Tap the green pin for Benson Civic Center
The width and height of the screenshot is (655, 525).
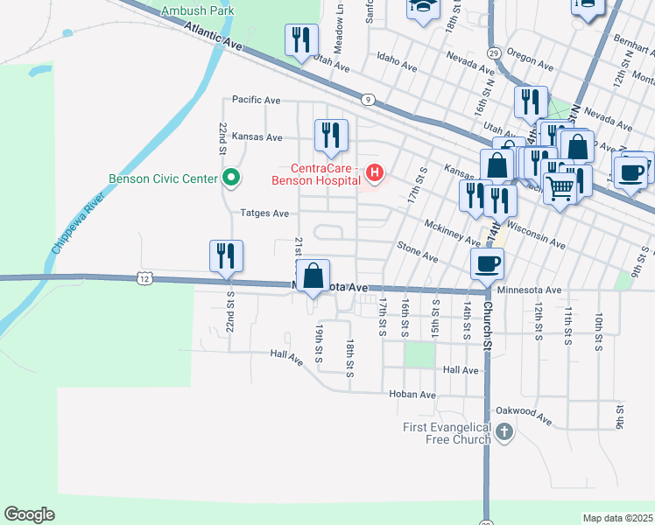pyautogui.click(x=231, y=178)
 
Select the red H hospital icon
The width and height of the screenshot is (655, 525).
pyautogui.click(x=375, y=173)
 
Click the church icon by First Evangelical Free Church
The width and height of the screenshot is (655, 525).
pyautogui.click(x=504, y=431)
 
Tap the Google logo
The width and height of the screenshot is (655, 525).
pyautogui.click(x=29, y=514)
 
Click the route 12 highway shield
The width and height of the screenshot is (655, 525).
pyautogui.click(x=144, y=278)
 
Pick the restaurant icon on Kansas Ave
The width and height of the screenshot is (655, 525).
pyautogui.click(x=331, y=135)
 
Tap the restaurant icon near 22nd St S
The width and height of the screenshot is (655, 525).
pyautogui.click(x=226, y=255)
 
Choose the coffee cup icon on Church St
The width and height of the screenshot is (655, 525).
pyautogui.click(x=488, y=262)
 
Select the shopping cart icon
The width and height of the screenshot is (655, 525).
pyautogui.click(x=560, y=185)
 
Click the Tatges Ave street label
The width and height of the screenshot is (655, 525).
pyautogui.click(x=264, y=213)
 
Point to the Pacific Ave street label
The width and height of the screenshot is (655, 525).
pyautogui.click(x=257, y=101)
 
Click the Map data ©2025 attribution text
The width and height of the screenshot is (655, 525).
pyautogui.click(x=617, y=518)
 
